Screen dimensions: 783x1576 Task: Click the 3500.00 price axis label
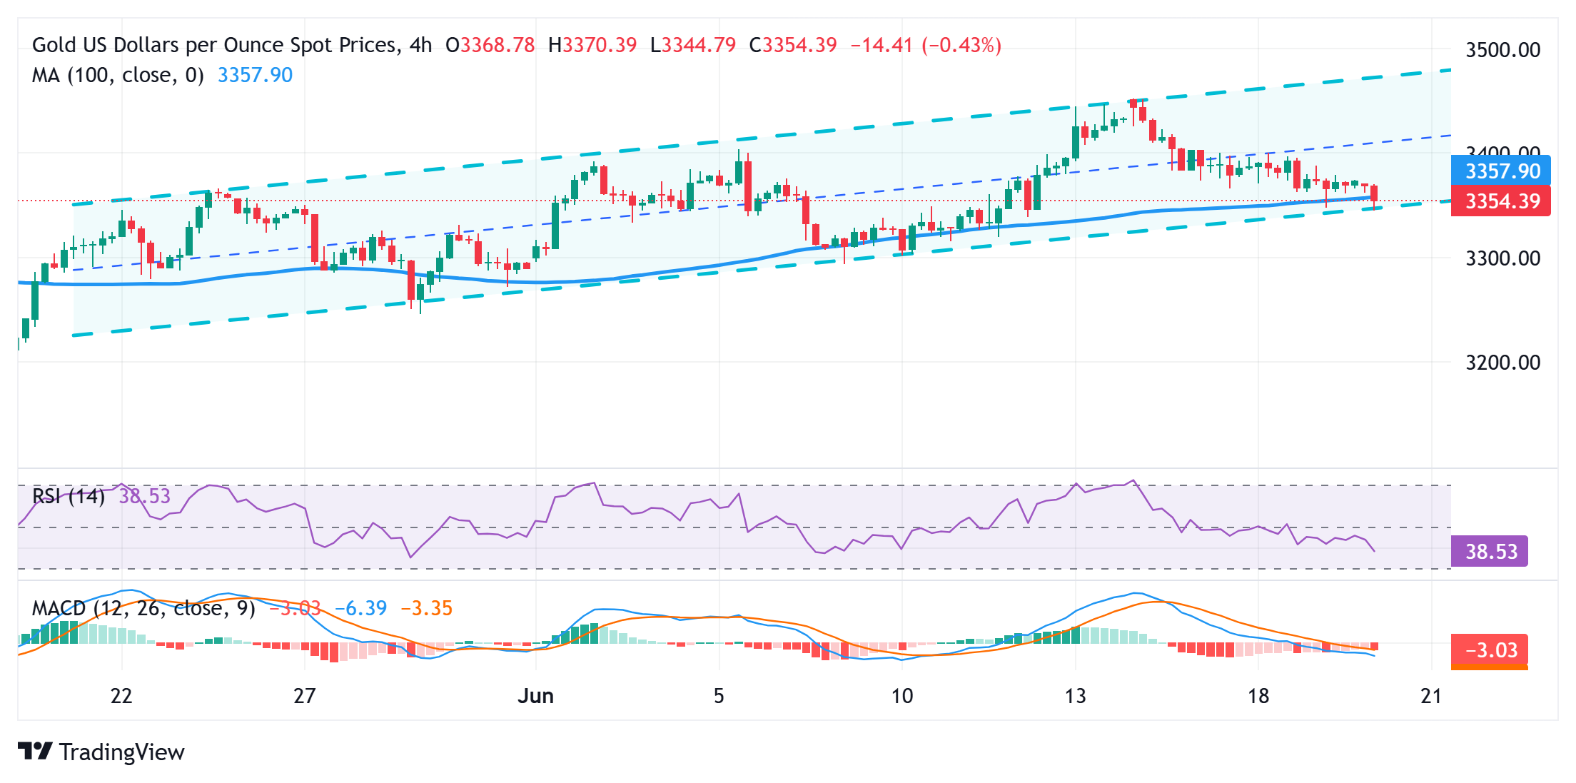(x=1502, y=50)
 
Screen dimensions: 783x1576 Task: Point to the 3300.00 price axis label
(x=1502, y=258)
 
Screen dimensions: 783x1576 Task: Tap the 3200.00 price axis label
(x=1502, y=363)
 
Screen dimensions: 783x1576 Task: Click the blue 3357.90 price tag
(x=1502, y=171)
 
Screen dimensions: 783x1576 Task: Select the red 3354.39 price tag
(x=1502, y=201)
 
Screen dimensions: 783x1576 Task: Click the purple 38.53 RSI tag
(x=1490, y=552)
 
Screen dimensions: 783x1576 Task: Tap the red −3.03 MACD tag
(x=1490, y=650)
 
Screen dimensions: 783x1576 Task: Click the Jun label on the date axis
(x=535, y=696)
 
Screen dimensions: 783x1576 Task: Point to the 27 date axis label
(x=305, y=696)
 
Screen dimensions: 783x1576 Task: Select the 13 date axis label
(x=1075, y=696)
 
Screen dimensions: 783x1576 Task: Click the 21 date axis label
(x=1431, y=696)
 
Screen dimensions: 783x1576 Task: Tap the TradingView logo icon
(x=35, y=752)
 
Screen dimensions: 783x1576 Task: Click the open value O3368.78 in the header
(x=490, y=46)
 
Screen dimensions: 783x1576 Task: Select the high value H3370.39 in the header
(x=592, y=46)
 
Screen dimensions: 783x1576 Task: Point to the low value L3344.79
(x=693, y=46)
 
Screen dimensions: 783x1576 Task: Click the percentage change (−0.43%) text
(x=961, y=46)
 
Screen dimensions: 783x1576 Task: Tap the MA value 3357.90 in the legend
(x=255, y=75)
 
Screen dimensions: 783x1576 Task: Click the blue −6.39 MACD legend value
(x=361, y=608)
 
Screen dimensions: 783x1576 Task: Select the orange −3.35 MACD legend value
(x=427, y=608)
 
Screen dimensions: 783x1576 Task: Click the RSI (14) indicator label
(x=69, y=495)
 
